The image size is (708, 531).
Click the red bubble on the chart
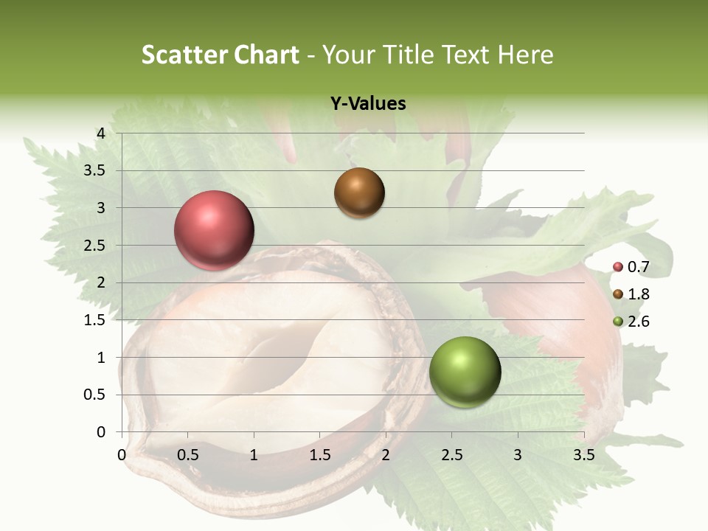(214, 230)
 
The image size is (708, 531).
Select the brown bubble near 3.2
(359, 192)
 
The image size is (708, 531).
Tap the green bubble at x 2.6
(465, 372)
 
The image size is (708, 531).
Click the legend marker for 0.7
(618, 267)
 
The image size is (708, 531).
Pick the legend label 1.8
(639, 294)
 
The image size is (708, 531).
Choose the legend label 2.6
(639, 322)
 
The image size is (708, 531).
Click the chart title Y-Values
(368, 104)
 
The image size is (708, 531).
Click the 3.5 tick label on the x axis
(583, 455)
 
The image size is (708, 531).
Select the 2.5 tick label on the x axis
(451, 455)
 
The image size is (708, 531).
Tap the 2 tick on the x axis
(386, 455)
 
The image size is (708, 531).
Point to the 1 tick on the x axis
(254, 455)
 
